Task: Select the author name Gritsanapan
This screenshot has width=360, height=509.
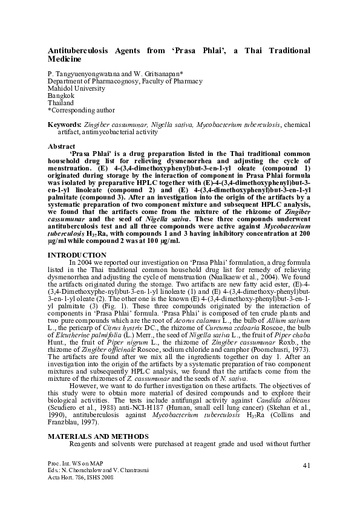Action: click(166, 73)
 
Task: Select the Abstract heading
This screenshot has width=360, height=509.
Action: click(62, 146)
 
